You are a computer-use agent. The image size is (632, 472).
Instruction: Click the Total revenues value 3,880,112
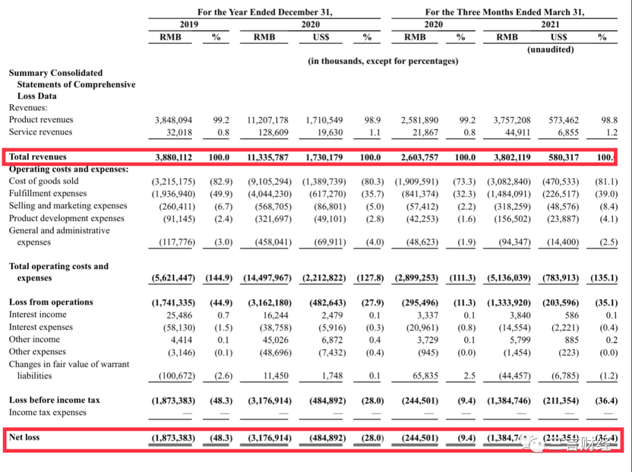[x=173, y=157]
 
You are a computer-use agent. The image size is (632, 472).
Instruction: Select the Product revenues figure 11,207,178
[x=267, y=120]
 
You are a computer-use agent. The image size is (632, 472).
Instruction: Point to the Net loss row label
[x=25, y=437]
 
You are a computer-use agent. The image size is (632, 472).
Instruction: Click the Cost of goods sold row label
[x=44, y=181]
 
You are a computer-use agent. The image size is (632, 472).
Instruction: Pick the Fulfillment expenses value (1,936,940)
[x=173, y=194]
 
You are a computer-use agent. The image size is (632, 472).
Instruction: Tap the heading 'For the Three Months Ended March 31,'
[x=504, y=12]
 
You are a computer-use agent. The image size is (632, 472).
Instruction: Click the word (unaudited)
[x=551, y=50]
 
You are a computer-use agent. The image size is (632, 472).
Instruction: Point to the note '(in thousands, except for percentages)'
[x=383, y=61]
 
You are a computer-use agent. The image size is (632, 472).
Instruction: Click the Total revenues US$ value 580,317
[x=563, y=157]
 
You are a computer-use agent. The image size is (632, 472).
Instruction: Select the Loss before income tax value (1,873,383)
[x=173, y=400]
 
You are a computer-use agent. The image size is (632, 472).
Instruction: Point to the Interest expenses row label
[x=41, y=327]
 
